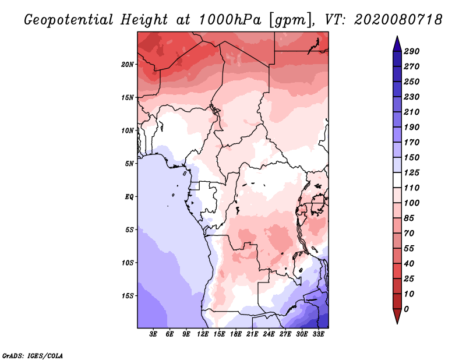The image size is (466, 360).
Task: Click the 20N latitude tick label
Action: click(128, 65)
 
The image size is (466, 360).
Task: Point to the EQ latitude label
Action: click(129, 197)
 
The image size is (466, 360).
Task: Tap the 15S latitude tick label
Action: click(128, 296)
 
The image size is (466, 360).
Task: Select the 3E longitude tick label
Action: click(153, 334)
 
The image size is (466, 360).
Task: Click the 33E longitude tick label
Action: click(318, 334)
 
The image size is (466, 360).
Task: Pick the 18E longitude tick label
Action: click(236, 334)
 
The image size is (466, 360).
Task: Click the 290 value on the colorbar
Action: click(412, 51)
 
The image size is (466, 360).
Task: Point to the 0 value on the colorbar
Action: click(406, 309)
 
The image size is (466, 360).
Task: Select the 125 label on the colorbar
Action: click(412, 172)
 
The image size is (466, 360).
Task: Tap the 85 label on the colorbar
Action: click(409, 218)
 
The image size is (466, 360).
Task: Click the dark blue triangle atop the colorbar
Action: click(397, 44)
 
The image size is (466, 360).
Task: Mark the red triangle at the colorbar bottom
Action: click(397, 316)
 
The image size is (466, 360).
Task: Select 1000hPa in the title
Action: click(230, 20)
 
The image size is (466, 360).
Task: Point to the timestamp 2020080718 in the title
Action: click(398, 20)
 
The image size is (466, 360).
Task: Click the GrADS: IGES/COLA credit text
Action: click(33, 356)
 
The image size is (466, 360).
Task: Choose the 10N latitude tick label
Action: click(128, 130)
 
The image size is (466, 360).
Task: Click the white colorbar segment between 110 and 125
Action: click(397, 180)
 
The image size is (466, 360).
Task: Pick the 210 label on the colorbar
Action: click(412, 112)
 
